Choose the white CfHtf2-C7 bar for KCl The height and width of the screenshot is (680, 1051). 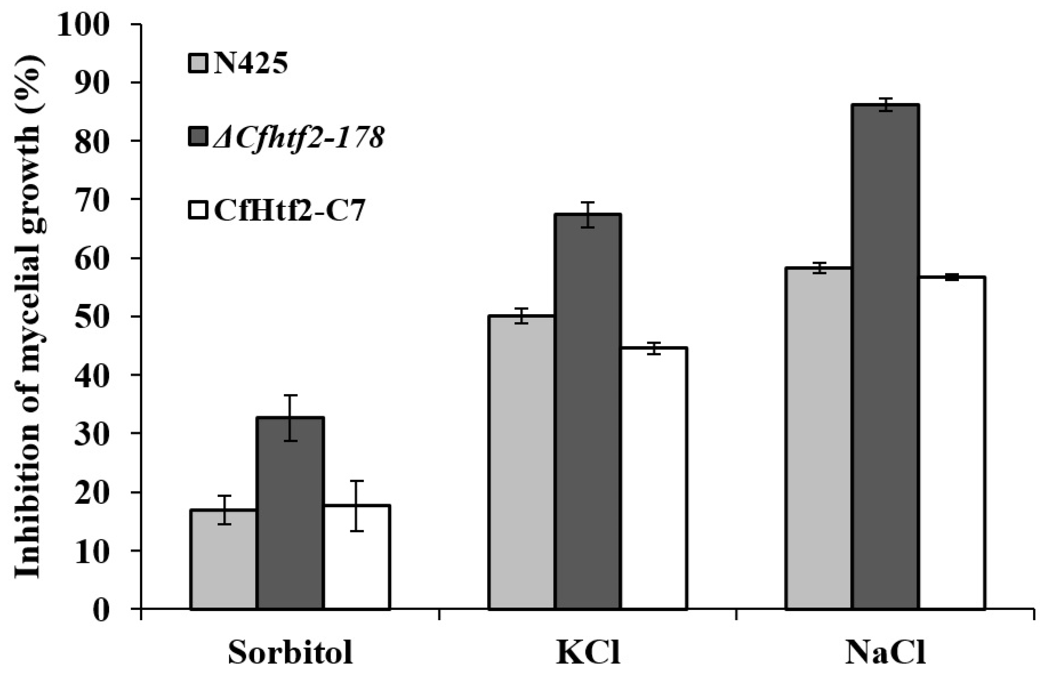pyautogui.click(x=654, y=479)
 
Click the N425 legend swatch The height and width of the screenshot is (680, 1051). pyautogui.click(x=198, y=64)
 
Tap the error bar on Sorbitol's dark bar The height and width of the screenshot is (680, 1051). pyautogui.click(x=290, y=418)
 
